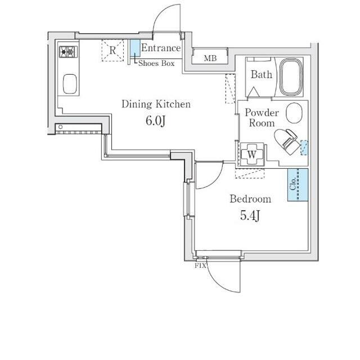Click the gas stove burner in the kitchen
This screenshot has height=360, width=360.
point(68,52)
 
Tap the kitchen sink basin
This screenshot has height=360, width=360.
point(70,84)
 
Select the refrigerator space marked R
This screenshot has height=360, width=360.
point(112,50)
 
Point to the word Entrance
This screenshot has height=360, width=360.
point(161,48)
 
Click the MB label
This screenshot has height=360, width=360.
point(210,58)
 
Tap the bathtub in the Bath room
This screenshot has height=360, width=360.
point(291,76)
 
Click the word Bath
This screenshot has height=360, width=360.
point(261,74)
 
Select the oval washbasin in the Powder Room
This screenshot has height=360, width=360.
point(294,112)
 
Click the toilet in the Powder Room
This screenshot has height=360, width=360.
point(287,142)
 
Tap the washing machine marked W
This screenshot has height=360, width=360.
point(252,155)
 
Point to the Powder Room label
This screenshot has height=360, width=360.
point(262,118)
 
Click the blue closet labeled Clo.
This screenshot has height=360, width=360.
point(298,185)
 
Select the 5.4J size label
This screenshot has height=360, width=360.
point(250,215)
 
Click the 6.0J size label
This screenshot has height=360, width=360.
point(155,120)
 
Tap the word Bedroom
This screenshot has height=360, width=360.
point(250,199)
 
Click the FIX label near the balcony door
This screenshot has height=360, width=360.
point(200,266)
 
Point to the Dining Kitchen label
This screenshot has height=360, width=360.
point(156,104)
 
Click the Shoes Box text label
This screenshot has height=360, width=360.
point(156,63)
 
